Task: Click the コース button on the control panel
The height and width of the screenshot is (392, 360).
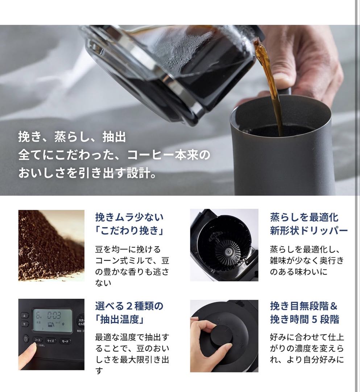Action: [x=38, y=340]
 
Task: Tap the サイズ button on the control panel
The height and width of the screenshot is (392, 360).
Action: [x=51, y=340]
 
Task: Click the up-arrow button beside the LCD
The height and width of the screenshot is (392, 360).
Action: [x=25, y=315]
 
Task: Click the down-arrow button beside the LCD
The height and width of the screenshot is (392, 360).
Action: [x=25, y=323]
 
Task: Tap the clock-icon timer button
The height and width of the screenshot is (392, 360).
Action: [x=26, y=339]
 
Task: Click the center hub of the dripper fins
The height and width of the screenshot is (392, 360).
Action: [x=229, y=251]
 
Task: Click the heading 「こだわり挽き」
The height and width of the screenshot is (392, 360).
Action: [x=129, y=230]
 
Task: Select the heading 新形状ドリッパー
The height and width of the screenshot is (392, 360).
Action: [x=309, y=230]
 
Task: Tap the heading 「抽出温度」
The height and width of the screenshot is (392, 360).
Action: [x=120, y=320]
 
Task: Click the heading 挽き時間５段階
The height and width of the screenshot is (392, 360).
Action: [x=305, y=319]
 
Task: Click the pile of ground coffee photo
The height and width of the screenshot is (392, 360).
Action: [x=51, y=245]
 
